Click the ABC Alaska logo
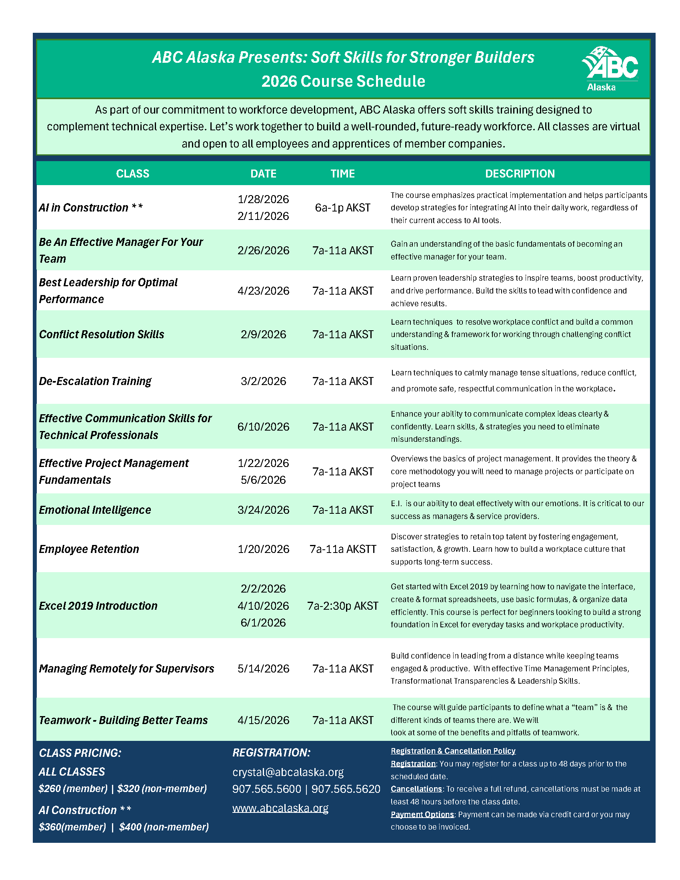[610, 69]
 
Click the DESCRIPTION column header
[520, 174]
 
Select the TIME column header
[342, 174]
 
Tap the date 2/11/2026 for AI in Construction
[263, 216]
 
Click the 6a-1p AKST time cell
[342, 208]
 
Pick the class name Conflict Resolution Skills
[102, 334]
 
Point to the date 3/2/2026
[263, 381]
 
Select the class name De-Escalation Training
[95, 381]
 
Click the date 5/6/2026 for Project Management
[263, 480]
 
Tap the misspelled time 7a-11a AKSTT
[343, 549]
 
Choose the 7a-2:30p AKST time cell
[343, 606]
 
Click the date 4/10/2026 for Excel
[263, 606]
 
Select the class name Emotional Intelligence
[95, 510]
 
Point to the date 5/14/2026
[263, 669]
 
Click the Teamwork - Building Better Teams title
[123, 720]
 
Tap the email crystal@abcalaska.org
[288, 772]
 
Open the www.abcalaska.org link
[280, 808]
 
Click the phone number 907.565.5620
[346, 789]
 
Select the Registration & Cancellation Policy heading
[453, 751]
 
